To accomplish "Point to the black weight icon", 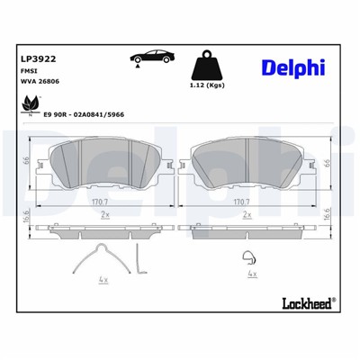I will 209,65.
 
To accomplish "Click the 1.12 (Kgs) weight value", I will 208,87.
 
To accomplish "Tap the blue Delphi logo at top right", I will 293,68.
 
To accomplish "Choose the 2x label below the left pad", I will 104,217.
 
